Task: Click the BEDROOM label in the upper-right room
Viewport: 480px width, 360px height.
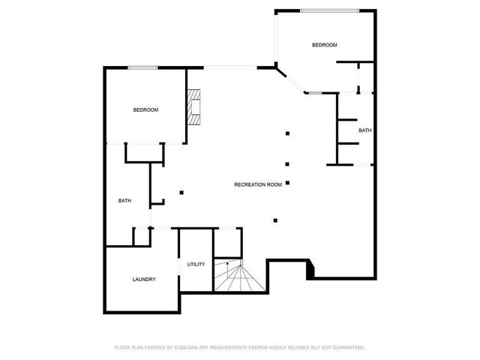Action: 324,45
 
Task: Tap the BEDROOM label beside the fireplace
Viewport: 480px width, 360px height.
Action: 145,110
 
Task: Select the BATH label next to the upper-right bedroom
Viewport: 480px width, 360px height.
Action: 364,130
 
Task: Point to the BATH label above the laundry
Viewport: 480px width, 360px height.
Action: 125,200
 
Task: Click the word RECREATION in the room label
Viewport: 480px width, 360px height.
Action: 249,184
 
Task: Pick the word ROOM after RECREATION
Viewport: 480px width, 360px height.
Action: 274,184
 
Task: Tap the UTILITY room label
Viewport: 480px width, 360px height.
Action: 196,264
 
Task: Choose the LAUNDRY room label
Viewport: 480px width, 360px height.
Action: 144,280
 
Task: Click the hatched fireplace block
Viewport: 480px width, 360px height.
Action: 196,106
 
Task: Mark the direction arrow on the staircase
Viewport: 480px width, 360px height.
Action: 228,264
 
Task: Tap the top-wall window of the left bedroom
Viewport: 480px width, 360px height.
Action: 142,68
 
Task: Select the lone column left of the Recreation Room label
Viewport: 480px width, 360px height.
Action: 181,192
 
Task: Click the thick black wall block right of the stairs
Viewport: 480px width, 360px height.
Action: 310,268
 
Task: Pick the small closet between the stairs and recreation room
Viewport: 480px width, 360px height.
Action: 227,243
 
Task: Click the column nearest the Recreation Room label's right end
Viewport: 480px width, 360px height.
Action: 287,182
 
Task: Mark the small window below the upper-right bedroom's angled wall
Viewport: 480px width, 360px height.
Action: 315,93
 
